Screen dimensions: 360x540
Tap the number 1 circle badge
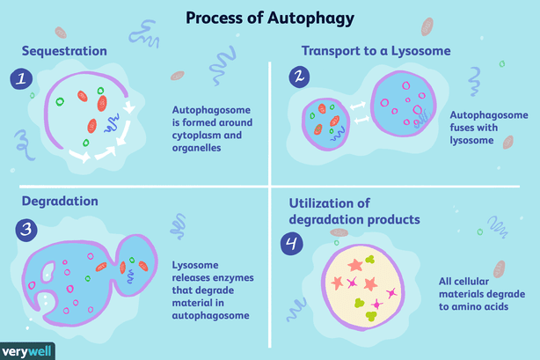tap(19, 80)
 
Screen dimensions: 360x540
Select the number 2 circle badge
tap(301, 78)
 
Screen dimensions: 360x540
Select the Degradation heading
tap(55, 200)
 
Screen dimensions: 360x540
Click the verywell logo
tap(28, 350)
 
